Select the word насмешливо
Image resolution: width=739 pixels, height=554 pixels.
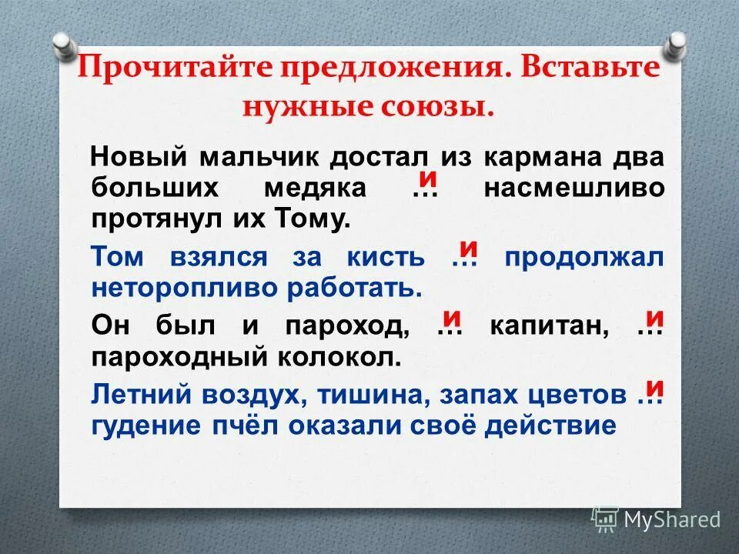click(x=573, y=189)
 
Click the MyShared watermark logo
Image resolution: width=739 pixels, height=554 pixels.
click(x=656, y=519)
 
